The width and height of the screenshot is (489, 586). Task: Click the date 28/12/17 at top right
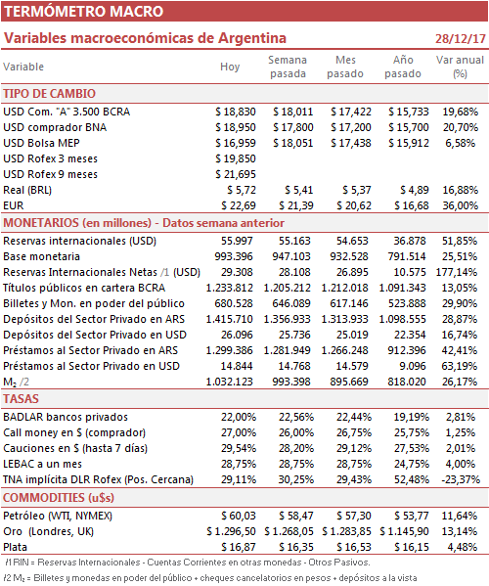[x=461, y=38]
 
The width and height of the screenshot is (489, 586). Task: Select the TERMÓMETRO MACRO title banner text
[x=84, y=11]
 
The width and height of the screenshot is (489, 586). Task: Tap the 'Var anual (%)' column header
[x=460, y=67]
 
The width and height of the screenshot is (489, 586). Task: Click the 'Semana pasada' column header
[x=288, y=67]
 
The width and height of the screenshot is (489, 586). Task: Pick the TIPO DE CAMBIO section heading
[x=49, y=94]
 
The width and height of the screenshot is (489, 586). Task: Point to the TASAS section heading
[x=21, y=399]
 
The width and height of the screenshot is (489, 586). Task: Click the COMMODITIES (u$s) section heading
[x=59, y=498]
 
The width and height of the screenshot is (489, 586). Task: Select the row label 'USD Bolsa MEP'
[x=41, y=143]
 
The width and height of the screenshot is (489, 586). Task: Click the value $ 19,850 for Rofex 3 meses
[x=236, y=158]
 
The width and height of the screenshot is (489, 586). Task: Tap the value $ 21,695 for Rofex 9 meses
[x=236, y=174]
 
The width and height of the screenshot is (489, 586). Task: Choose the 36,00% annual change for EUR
[x=461, y=205]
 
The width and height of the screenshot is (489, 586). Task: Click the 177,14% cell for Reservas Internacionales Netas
[x=457, y=272]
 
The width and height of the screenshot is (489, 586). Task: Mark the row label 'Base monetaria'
[x=41, y=256]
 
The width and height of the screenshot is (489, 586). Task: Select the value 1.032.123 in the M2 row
[x=230, y=382]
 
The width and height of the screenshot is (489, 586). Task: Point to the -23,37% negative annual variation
[x=461, y=479]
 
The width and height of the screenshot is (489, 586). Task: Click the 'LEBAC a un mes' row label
[x=43, y=464]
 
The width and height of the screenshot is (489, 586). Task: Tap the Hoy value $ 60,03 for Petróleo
[x=239, y=516]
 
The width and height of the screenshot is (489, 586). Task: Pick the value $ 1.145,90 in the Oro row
[x=404, y=531]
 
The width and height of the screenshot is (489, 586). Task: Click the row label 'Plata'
[x=16, y=547]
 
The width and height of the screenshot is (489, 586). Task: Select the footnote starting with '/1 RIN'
[x=188, y=563]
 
